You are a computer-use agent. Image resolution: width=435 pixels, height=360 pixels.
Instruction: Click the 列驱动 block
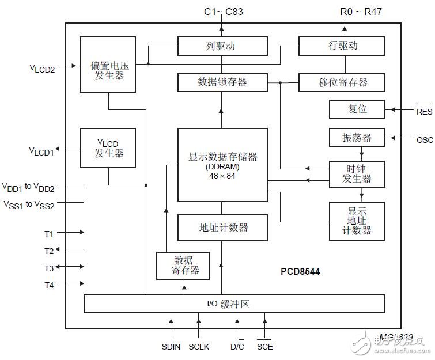click(x=222, y=46)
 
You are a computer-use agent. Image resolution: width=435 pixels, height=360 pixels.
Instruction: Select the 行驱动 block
click(x=341, y=46)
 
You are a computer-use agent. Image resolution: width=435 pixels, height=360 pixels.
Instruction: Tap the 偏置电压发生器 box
click(x=108, y=65)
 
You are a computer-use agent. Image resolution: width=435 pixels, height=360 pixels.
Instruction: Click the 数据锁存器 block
click(x=222, y=82)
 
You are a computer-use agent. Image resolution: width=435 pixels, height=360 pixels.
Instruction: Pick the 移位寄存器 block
click(x=341, y=82)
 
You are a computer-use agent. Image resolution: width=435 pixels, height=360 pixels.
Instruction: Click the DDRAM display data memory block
click(x=222, y=165)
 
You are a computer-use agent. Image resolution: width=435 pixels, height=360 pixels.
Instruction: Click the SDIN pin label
click(x=171, y=347)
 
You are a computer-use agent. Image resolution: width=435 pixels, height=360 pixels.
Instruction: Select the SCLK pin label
click(x=199, y=347)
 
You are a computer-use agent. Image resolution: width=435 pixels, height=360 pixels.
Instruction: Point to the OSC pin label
click(x=423, y=139)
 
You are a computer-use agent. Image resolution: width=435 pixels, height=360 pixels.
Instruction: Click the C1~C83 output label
click(x=222, y=10)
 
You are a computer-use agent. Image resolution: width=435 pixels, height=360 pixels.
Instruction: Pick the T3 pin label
click(x=49, y=268)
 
